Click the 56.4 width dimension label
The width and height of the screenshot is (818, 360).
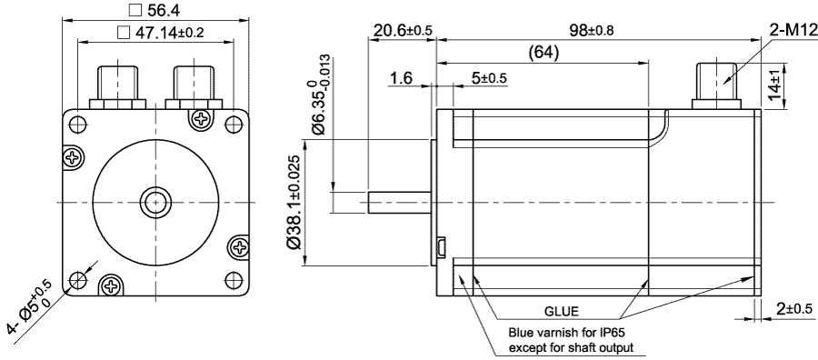pos(164,11)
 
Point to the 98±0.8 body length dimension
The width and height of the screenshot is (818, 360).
pos(592,30)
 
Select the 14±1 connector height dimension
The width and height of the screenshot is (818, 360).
pos(775,85)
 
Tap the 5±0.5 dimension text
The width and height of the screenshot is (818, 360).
pos(489,79)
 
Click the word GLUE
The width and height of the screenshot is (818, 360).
pos(561,310)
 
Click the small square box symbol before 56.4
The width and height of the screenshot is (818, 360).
pos(135,11)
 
